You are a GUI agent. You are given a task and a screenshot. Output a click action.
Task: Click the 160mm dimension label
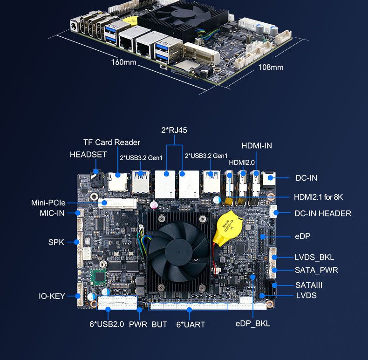coord(124,62)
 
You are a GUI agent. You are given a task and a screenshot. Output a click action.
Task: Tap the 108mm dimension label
coord(271,68)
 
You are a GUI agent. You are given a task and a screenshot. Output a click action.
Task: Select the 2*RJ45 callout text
coord(174,130)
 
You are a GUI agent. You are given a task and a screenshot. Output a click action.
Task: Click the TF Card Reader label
coord(112,142)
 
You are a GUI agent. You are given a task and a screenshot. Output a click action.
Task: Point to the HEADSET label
coord(88,155)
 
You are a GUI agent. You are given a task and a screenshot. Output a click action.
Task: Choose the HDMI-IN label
coord(257,146)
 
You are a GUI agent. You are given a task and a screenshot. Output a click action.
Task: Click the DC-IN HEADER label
coord(323,213)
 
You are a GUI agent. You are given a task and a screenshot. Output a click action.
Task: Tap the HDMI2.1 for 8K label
coord(318,197)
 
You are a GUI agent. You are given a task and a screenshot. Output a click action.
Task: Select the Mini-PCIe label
coord(48,203)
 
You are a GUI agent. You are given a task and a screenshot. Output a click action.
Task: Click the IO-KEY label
coord(52,296)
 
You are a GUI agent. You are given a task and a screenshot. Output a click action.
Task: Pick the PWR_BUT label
coord(148,325)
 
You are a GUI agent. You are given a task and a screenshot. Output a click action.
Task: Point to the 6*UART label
coord(191,325)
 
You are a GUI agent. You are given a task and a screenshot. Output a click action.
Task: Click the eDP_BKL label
coord(252,323)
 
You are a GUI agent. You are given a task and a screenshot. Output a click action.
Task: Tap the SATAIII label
coord(309,285)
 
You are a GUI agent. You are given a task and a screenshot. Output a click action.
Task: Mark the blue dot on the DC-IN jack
coord(270,178)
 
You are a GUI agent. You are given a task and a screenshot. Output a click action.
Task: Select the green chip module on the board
coord(99,277)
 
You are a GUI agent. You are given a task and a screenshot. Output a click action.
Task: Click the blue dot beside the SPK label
coord(76,242)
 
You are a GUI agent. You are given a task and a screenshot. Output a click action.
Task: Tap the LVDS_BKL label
coord(314,257)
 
